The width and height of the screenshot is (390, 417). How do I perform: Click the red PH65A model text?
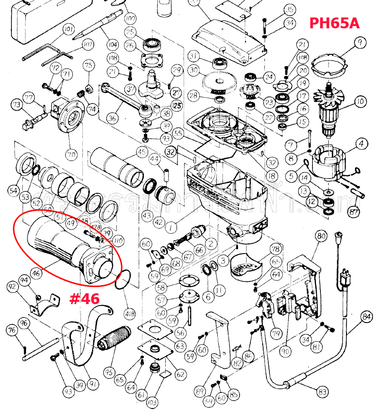[334, 23]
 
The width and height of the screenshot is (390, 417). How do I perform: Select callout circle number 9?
[360, 43]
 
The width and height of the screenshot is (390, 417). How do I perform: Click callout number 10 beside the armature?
[361, 101]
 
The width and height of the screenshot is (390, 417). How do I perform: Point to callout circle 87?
[354, 212]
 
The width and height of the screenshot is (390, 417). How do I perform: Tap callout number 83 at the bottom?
[322, 391]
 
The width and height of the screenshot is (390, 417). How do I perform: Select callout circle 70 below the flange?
[71, 154]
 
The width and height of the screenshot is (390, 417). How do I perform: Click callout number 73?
[17, 104]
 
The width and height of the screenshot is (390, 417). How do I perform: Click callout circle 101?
[69, 30]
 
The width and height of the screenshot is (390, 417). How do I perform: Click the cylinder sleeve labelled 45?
[117, 166]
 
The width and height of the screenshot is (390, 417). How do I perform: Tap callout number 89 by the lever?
[199, 391]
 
